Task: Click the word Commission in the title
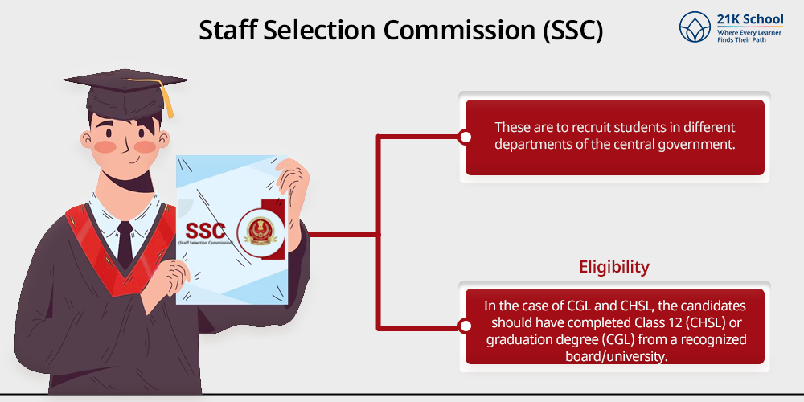[457, 31]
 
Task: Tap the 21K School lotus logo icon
[695, 27]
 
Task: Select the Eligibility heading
[614, 267]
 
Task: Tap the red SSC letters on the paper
[205, 230]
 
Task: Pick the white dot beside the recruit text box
[465, 137]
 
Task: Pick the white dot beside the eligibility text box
[465, 326]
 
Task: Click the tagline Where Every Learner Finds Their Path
[746, 36]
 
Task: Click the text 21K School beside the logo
[749, 19]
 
